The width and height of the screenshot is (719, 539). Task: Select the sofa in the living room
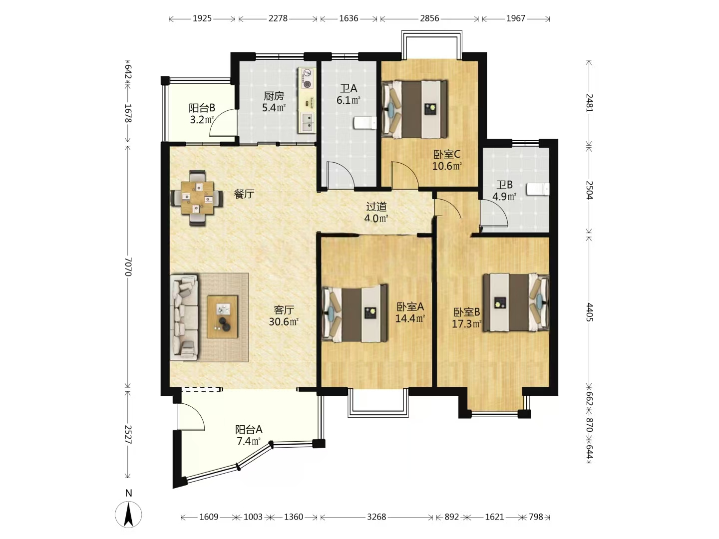pos(184,317)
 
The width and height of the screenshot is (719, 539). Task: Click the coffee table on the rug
pos(222,316)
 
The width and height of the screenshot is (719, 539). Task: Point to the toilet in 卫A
pos(365,123)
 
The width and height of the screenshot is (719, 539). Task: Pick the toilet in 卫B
pos(538,190)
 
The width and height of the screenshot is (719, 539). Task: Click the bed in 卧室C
pos(414,109)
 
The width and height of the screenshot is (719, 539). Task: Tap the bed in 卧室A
pos(355,313)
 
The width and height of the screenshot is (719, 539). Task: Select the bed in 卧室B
pos(516,303)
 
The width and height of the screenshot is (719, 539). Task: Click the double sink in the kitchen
pos(307,123)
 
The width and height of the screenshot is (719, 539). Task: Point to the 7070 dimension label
pos(128,267)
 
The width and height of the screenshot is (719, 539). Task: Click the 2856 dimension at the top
pos(429,18)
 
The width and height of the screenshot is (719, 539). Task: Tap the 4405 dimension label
pos(589,312)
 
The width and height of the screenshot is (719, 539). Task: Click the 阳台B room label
pos(202,108)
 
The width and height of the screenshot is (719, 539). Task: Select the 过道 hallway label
pos(376,207)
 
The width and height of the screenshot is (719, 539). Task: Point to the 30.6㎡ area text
pos(284,322)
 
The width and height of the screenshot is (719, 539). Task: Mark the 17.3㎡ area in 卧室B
pos(467,324)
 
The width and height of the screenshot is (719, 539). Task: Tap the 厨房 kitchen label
pos(274,96)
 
